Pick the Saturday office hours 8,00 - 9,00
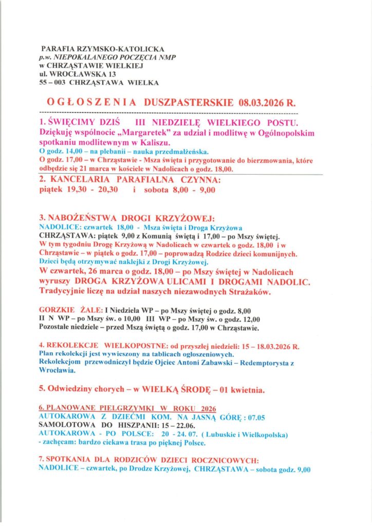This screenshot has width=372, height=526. point(194,190)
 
